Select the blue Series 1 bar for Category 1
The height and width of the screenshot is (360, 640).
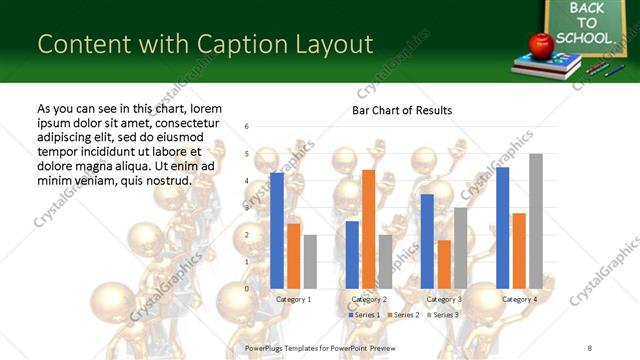coord(276,230)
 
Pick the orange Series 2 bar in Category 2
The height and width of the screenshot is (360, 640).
coord(368,229)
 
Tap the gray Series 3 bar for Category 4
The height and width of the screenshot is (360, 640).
coord(536,221)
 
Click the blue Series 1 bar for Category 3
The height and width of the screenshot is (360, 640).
coord(427,241)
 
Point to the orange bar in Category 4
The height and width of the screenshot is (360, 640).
coord(519,250)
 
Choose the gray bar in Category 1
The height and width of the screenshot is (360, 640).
coord(310,261)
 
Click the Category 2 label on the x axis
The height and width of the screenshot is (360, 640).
coord(368,299)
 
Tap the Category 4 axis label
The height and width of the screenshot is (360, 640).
coord(518,299)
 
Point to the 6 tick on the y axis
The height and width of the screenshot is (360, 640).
coord(247,127)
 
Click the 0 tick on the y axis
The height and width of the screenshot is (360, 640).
coord(247,289)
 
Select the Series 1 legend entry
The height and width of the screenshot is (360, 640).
coord(364,315)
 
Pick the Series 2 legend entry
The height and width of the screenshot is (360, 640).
coord(403,315)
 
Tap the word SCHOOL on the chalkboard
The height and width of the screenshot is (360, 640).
coord(582,38)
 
